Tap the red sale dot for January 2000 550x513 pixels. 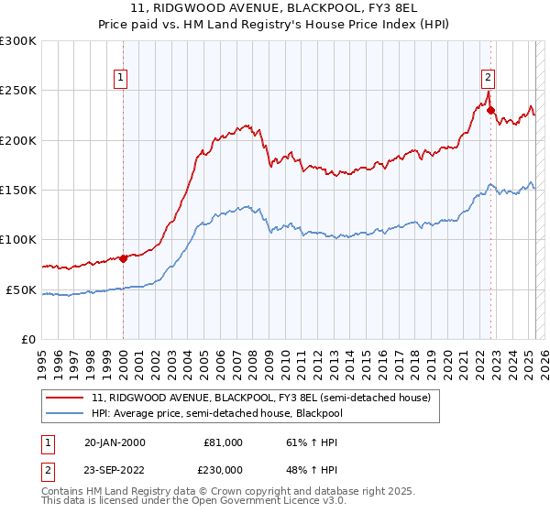123,258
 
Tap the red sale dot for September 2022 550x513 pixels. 490,111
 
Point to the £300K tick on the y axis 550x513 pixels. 18,41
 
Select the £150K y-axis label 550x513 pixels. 18,190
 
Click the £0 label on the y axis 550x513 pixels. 27,339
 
